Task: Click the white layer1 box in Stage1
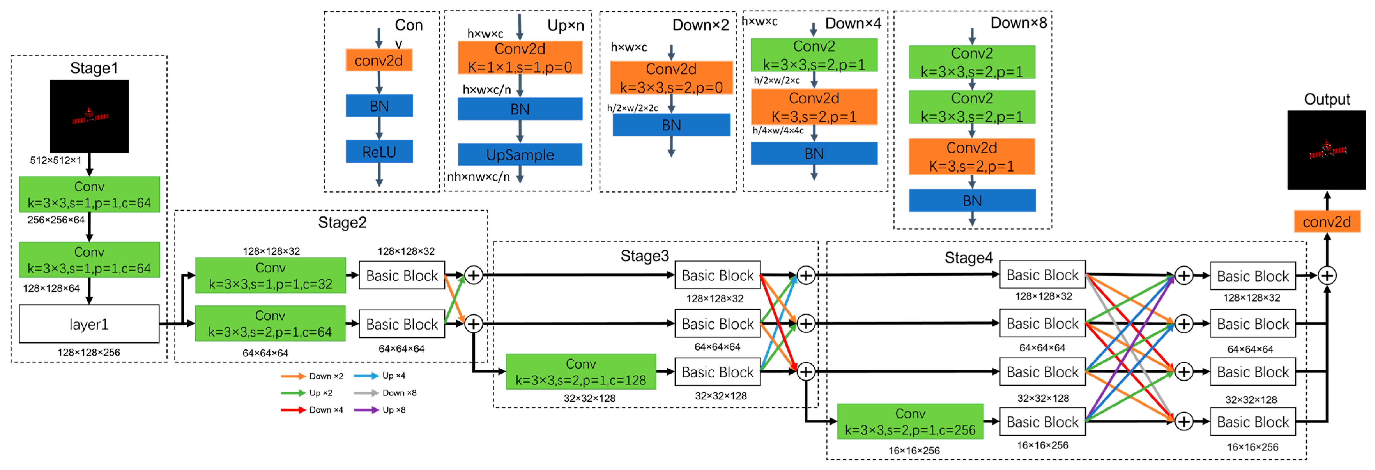(89, 324)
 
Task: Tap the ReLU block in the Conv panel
(379, 152)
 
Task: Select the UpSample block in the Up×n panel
(520, 155)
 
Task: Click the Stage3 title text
(644, 256)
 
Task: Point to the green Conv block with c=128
(581, 372)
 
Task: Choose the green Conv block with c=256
(910, 422)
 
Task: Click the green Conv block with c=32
(271, 276)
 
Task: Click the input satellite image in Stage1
(89, 116)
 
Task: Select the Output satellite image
(1327, 150)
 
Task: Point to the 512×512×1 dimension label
(56, 160)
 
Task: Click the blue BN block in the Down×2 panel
(671, 125)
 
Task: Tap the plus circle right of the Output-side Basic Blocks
(1327, 276)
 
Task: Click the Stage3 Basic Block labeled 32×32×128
(717, 372)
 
